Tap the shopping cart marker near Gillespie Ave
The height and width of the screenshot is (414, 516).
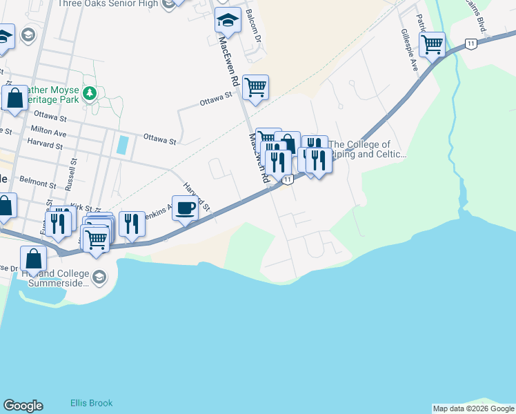432,46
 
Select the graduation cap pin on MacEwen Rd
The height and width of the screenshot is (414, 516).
228,21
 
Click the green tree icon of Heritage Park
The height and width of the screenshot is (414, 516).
88,93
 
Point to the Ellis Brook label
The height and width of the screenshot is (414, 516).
91,403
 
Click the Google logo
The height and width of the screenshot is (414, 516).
23,406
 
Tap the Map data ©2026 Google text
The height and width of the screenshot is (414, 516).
473,408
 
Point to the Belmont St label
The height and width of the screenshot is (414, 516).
38,184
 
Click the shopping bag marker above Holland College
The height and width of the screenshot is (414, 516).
33,259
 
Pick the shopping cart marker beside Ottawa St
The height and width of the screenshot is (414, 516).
255,88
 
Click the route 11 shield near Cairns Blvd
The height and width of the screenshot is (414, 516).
471,43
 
